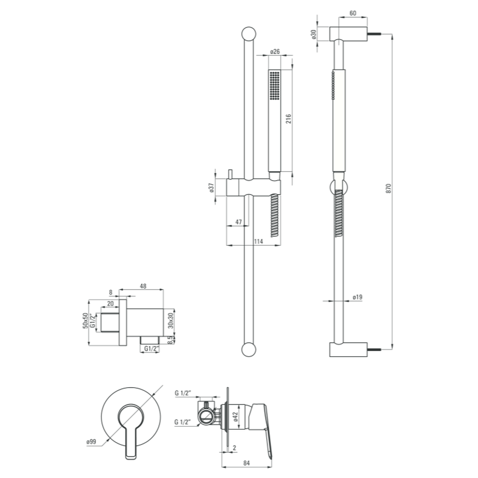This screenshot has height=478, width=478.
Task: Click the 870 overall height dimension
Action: coord(388,188)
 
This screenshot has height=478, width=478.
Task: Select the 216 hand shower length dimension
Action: coord(288,119)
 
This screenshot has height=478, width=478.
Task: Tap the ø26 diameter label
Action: coord(275,52)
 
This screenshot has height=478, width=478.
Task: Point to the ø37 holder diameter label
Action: coord(212,188)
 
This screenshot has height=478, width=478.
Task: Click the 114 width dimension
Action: coord(258,241)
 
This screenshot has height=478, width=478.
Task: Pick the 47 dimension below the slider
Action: coord(239,222)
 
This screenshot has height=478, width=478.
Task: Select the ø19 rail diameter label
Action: coord(357,297)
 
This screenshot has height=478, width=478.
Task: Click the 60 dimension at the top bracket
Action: coord(353,13)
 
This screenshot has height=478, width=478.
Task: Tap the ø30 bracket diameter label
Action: coord(314,34)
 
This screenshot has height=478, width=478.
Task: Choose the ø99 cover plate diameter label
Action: coord(91,441)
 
